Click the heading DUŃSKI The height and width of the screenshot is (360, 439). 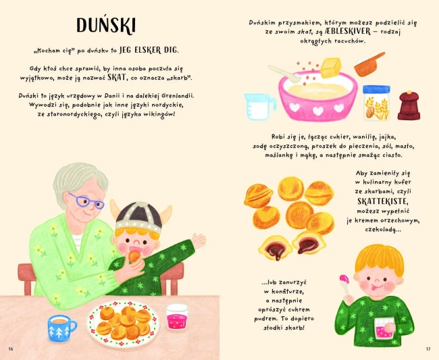point(106,26)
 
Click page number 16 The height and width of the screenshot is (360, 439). point(10,349)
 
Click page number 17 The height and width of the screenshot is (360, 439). point(428,349)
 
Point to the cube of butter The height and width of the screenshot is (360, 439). point(331,68)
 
